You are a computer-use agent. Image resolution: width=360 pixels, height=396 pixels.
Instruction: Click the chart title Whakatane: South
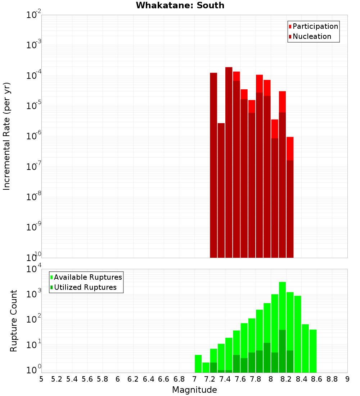pos(180,5)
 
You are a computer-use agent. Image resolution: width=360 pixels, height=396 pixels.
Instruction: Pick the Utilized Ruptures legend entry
pos(85,287)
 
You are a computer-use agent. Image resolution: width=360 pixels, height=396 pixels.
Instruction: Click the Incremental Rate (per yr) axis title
pos(6,136)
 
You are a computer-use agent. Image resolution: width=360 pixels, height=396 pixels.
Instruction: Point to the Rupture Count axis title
pos(14,321)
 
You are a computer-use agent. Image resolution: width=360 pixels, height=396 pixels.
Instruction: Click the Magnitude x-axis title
pos(194,390)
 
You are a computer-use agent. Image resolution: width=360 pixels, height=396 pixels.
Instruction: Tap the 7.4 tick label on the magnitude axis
pos(225,379)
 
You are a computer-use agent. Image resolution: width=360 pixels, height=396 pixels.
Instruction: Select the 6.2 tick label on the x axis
pos(133,379)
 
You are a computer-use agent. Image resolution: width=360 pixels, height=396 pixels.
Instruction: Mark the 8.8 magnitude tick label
pos(332,379)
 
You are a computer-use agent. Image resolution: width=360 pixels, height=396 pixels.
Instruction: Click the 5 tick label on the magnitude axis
pos(41,379)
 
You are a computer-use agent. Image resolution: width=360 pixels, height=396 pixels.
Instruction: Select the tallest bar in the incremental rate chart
pos(229,162)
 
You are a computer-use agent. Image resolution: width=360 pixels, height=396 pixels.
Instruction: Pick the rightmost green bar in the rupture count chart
pos(313,351)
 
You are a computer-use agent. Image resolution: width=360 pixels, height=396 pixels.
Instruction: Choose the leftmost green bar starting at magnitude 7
pos(198,364)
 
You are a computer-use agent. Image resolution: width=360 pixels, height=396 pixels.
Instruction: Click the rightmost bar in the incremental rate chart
pos(290,198)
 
